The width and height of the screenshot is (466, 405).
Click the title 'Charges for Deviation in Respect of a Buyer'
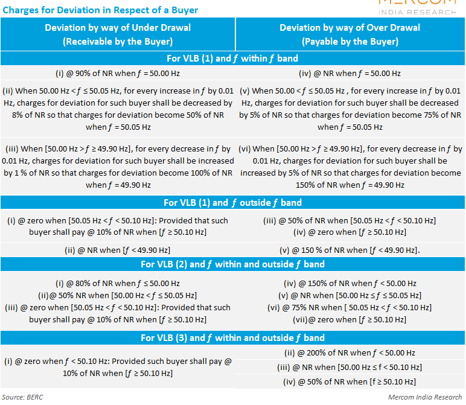pyautogui.click(x=100, y=10)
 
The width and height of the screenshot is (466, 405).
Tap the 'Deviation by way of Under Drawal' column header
pyautogui.click(x=118, y=28)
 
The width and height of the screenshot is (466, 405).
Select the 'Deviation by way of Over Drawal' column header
pyautogui.click(x=349, y=28)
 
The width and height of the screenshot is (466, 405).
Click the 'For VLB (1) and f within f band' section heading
pyautogui.click(x=232, y=58)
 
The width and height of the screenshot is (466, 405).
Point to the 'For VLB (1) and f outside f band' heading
pyautogui.click(x=232, y=203)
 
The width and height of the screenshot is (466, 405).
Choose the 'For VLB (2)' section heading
pyautogui.click(x=232, y=264)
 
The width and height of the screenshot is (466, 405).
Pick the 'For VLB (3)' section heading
pyautogui.click(x=232, y=338)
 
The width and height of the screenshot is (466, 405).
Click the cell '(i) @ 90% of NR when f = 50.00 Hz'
pyautogui.click(x=118, y=74)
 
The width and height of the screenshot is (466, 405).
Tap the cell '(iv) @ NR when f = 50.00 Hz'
pyautogui.click(x=349, y=74)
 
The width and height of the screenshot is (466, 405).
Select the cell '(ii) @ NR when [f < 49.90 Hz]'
pyautogui.click(x=118, y=250)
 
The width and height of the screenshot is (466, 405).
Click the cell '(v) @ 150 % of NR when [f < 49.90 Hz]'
pyautogui.click(x=349, y=250)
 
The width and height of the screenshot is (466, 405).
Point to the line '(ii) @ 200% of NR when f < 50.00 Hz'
pyautogui.click(x=349, y=353)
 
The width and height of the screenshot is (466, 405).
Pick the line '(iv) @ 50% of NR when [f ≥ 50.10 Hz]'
pyautogui.click(x=349, y=382)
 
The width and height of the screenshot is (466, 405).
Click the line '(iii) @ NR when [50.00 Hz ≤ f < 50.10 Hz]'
pyautogui.click(x=349, y=368)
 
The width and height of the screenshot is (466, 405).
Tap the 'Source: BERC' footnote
pyautogui.click(x=22, y=397)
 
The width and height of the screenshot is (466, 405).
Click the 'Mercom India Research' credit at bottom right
pyautogui.click(x=425, y=397)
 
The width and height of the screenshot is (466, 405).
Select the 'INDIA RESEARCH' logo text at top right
pyautogui.click(x=417, y=13)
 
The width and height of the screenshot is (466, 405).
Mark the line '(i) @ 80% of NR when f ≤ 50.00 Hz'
pyautogui.click(x=118, y=284)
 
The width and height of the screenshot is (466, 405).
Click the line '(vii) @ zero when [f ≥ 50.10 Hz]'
pyautogui.click(x=349, y=320)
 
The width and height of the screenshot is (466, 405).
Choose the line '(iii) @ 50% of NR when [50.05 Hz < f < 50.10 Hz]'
pyautogui.click(x=349, y=221)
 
